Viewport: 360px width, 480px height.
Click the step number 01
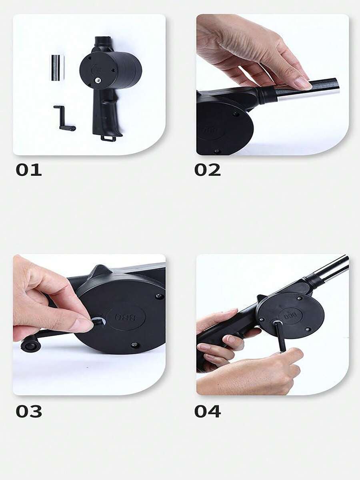click(28, 170)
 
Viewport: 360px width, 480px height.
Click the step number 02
click(207, 170)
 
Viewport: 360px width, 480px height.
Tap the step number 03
click(28, 411)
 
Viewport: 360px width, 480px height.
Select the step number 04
click(207, 411)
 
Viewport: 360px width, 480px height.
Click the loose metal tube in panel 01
click(57, 68)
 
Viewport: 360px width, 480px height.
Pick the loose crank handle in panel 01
click(64, 118)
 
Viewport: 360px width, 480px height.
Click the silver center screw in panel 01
click(97, 80)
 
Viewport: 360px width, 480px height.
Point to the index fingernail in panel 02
click(302, 83)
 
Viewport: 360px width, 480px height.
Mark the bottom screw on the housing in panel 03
click(134, 345)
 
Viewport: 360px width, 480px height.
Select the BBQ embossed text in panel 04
click(289, 313)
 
